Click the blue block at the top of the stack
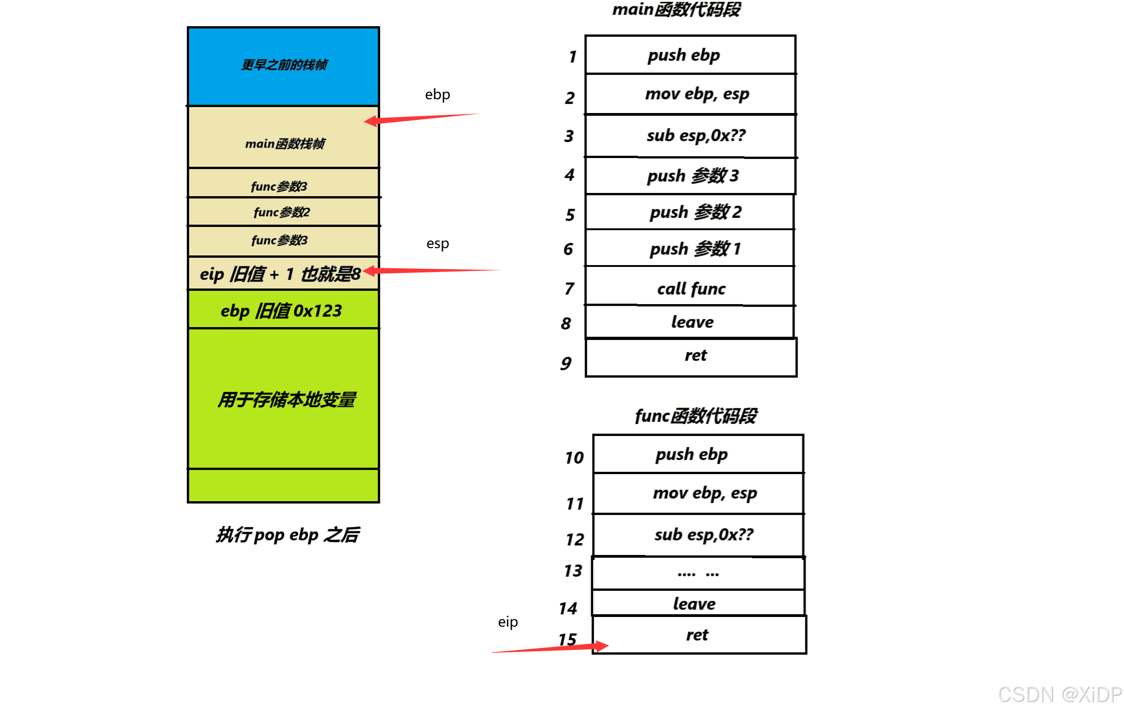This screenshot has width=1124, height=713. click(x=283, y=66)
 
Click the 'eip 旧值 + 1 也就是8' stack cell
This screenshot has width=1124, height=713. click(x=280, y=274)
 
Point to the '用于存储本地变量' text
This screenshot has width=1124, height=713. click(x=286, y=400)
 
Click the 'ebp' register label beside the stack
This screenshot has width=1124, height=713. click(x=437, y=95)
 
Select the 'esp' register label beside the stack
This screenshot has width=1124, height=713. click(x=437, y=243)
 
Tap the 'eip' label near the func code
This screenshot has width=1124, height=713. click(x=508, y=622)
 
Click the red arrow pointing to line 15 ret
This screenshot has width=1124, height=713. click(x=551, y=648)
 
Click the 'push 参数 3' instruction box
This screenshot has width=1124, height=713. click(x=691, y=176)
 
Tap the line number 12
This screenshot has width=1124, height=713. click(x=575, y=540)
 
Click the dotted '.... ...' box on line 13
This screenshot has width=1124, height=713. click(x=698, y=573)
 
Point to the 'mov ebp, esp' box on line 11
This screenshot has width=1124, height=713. click(x=698, y=493)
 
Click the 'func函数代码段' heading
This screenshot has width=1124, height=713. click(x=695, y=416)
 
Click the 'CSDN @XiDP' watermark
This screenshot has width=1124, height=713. click(x=1060, y=695)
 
